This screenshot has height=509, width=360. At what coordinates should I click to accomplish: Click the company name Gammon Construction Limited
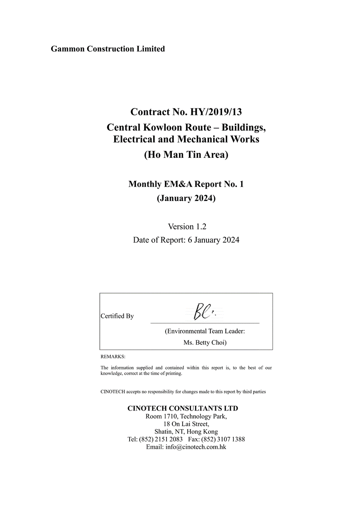[x=108, y=49]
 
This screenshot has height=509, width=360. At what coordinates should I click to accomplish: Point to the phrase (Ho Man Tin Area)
[x=186, y=155]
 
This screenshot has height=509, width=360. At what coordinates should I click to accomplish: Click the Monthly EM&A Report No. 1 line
[x=186, y=184]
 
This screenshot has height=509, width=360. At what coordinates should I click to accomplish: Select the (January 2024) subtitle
[x=186, y=198]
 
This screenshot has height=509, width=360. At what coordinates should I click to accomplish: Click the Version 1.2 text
[x=187, y=226]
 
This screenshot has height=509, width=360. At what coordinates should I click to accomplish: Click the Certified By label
[x=117, y=316]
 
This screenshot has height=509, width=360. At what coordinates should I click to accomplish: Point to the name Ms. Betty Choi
[x=204, y=343]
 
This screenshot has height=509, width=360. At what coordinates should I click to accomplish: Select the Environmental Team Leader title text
[x=205, y=331]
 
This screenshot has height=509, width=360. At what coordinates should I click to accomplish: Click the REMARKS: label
[x=113, y=357]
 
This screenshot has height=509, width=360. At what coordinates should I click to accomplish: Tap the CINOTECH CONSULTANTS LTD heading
[x=183, y=408]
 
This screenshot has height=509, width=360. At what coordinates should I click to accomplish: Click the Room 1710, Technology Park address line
[x=186, y=416]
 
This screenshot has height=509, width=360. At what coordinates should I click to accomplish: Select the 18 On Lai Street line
[x=186, y=424]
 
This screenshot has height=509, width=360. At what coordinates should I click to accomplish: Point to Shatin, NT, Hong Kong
[x=186, y=431]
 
